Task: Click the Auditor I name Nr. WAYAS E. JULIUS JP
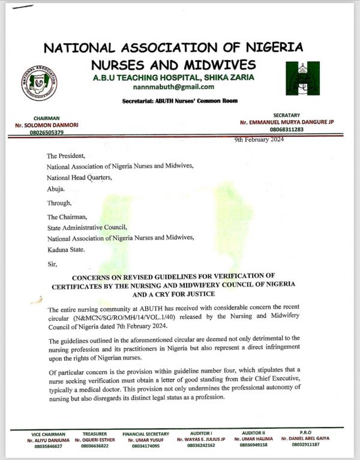coord(200,440)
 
